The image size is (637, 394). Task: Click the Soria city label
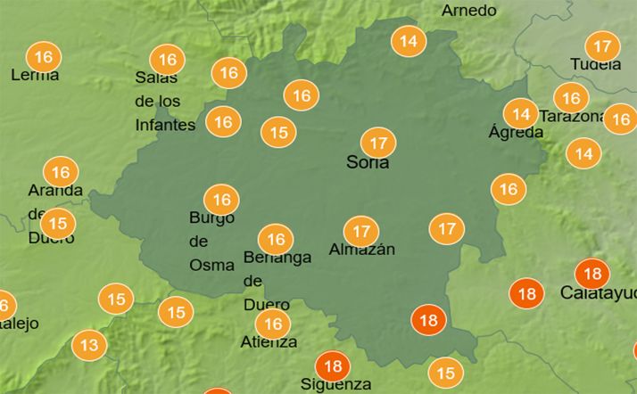pyautogui.click(x=367, y=163)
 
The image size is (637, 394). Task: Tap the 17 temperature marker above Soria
pyautogui.click(x=378, y=142)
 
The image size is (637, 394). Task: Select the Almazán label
pyautogui.click(x=361, y=250)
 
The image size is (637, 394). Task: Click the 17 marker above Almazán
pyautogui.click(x=360, y=231)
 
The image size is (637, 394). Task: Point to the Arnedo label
pyautogui.click(x=468, y=11)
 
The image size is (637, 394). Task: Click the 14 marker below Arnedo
pyautogui.click(x=409, y=41)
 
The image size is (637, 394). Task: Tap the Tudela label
pyautogui.click(x=596, y=64)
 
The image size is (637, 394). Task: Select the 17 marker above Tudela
pyautogui.click(x=602, y=45)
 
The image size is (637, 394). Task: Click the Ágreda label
pyautogui.click(x=516, y=132)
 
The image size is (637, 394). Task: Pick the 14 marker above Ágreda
pyautogui.click(x=519, y=113)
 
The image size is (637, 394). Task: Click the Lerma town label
pyautogui.click(x=35, y=75)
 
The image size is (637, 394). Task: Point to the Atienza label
pyautogui.click(x=269, y=341)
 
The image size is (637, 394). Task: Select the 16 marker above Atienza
pyautogui.click(x=273, y=324)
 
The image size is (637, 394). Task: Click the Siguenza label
pyautogui.click(x=335, y=384)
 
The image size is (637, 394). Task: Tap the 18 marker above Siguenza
pyautogui.click(x=333, y=365)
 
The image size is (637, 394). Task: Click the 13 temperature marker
pyautogui.click(x=88, y=344)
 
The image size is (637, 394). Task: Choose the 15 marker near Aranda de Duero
pyautogui.click(x=58, y=223)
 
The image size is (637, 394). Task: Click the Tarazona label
pyautogui.click(x=572, y=117)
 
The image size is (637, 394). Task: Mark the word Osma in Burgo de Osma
pyautogui.click(x=211, y=264)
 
